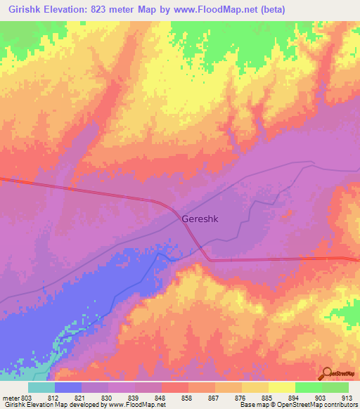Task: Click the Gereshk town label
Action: (200, 219)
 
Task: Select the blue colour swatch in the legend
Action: (67, 387)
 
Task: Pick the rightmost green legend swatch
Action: (335, 387)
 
